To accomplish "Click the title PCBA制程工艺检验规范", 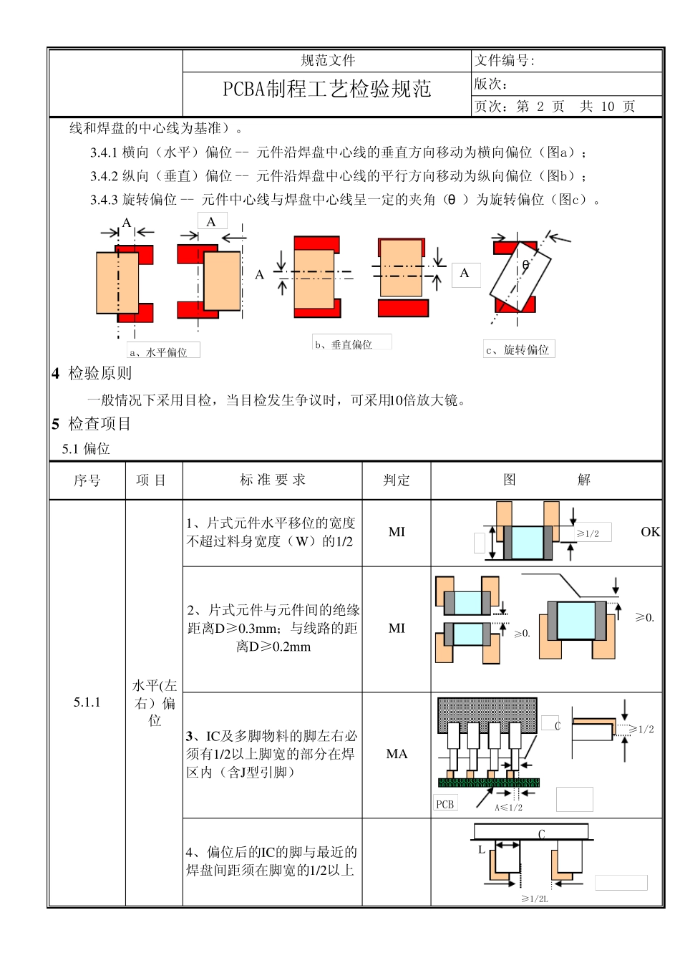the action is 327,89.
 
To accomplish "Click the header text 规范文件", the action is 328,61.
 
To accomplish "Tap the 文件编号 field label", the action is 504,61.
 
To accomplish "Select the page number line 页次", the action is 555,107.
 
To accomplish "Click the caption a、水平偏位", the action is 158,352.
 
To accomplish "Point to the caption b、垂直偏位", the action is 344,344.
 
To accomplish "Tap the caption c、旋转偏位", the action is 518,350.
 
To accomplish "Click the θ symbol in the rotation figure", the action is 525,266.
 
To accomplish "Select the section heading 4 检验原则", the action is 92,373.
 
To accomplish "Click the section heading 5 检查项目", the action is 92,424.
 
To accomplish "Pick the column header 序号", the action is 87,480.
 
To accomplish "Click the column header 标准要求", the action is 273,480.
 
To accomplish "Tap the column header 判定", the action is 397,480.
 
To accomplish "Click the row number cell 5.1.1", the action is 87,702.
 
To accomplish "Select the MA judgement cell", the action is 397,754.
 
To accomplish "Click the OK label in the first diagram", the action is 650,532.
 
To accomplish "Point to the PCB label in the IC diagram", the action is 445,805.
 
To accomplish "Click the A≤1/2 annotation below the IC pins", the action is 509,808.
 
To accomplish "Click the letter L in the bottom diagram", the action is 482,850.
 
